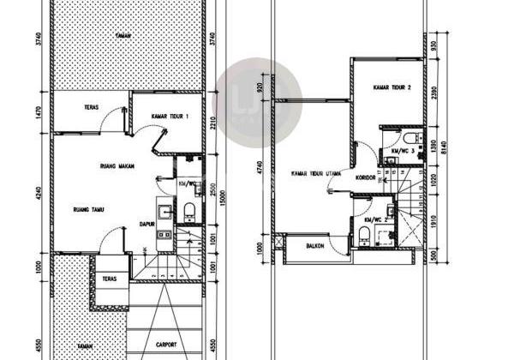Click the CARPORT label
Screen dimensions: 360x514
pos(167,345)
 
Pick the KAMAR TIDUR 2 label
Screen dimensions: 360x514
pos(392,87)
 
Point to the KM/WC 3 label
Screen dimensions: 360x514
pos(403,151)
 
